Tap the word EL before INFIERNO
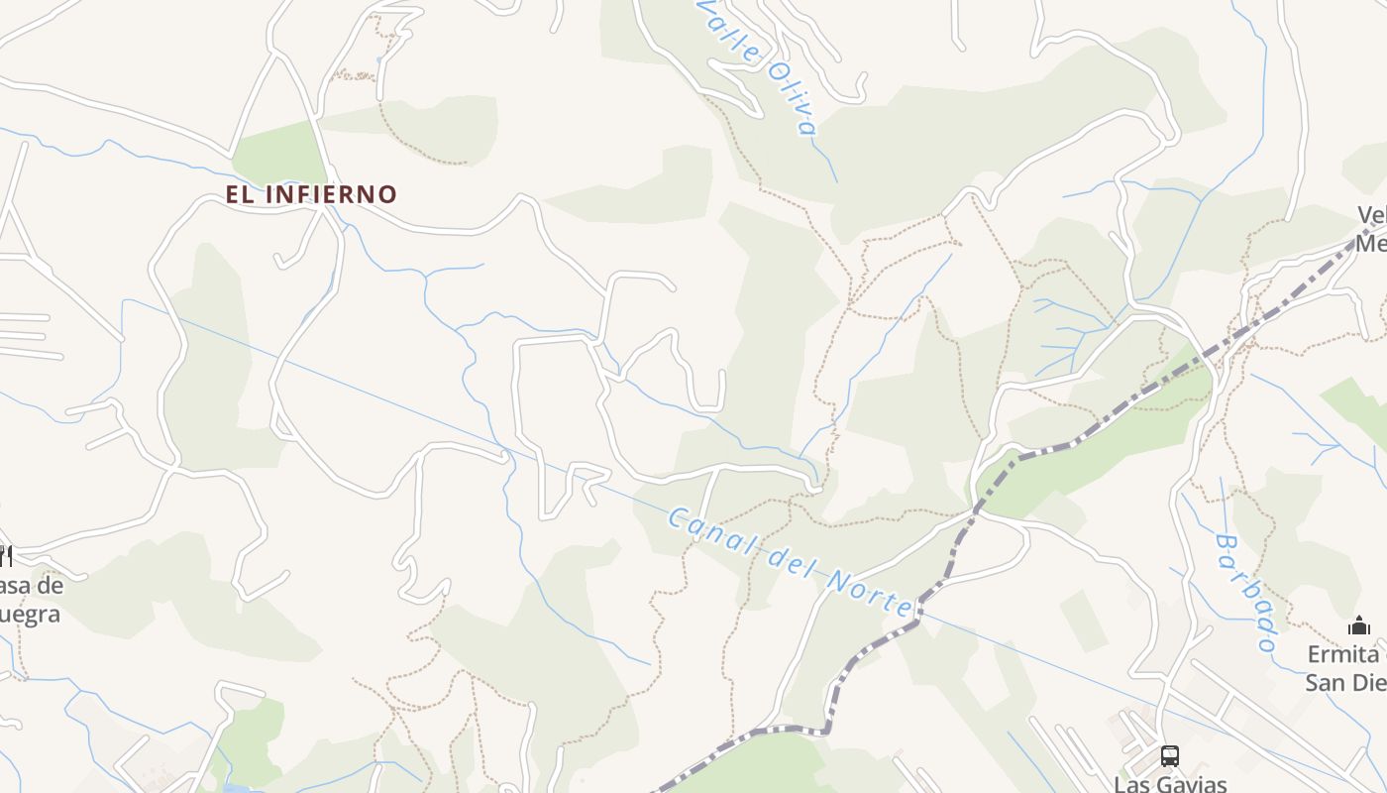239,194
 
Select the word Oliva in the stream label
794,99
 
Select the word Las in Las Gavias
1132,784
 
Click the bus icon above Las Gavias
1170,756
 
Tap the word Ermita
1343,655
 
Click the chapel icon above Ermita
1359,626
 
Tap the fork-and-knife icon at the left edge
4,554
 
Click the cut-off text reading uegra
30,615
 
